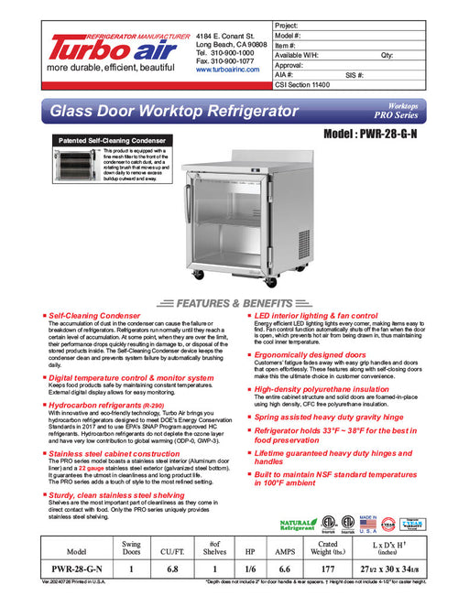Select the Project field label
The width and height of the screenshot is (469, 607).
coord(289,26)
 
